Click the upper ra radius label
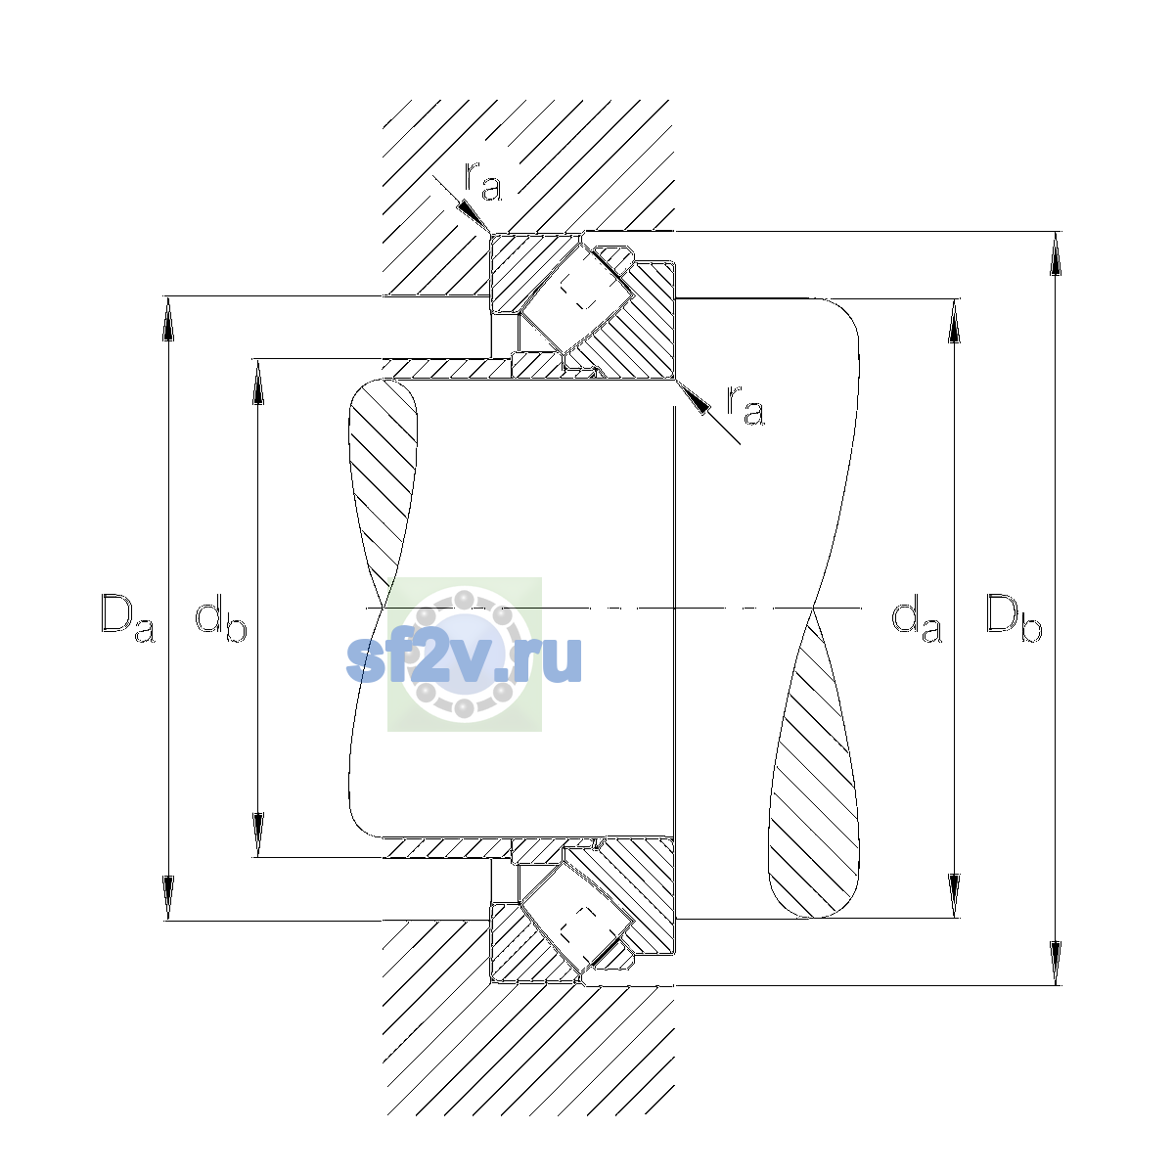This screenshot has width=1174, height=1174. (483, 181)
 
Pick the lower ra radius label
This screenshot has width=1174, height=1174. (745, 405)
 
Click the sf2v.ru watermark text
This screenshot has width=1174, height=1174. (465, 658)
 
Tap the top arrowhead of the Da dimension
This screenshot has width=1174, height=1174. (168, 319)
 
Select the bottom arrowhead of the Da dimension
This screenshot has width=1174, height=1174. (168, 898)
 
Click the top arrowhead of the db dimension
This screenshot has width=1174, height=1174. (258, 382)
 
